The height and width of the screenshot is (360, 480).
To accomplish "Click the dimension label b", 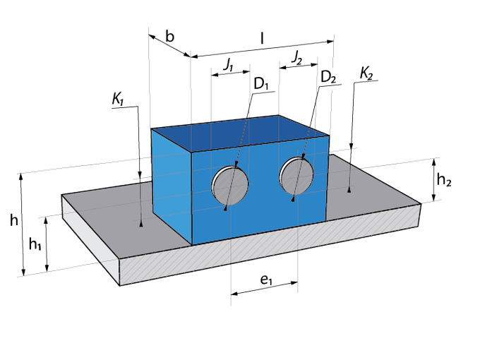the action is pyautogui.click(x=169, y=37).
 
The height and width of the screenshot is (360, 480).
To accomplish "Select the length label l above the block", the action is pyautogui.click(x=262, y=39).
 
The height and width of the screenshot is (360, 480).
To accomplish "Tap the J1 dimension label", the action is pyautogui.click(x=229, y=65).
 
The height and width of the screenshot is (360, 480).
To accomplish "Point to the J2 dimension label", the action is pyautogui.click(x=296, y=58).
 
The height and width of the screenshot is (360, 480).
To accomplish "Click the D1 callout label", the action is pyautogui.click(x=260, y=84).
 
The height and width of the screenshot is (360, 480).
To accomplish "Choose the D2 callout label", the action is pyautogui.click(x=328, y=77).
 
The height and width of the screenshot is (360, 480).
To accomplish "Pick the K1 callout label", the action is pyautogui.click(x=118, y=100).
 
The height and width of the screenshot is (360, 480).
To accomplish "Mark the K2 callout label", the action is pyautogui.click(x=366, y=73).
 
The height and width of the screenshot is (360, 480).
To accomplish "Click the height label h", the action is pyautogui.click(x=14, y=220).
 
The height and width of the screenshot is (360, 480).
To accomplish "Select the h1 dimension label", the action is pyautogui.click(x=35, y=244).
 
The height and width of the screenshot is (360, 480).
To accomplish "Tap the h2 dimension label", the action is pyautogui.click(x=444, y=180).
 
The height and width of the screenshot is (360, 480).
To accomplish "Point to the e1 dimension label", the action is pyautogui.click(x=265, y=280).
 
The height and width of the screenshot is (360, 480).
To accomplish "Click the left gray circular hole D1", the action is pyautogui.click(x=230, y=186).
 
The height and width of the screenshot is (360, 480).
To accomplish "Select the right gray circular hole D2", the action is pyautogui.click(x=296, y=176).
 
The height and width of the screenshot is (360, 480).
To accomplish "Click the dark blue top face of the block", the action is pyautogui.click(x=240, y=133).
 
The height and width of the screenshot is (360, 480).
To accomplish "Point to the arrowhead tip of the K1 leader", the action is pyautogui.click(x=141, y=227).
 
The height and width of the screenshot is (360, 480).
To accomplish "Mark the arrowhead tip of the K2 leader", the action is pyautogui.click(x=349, y=193).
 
